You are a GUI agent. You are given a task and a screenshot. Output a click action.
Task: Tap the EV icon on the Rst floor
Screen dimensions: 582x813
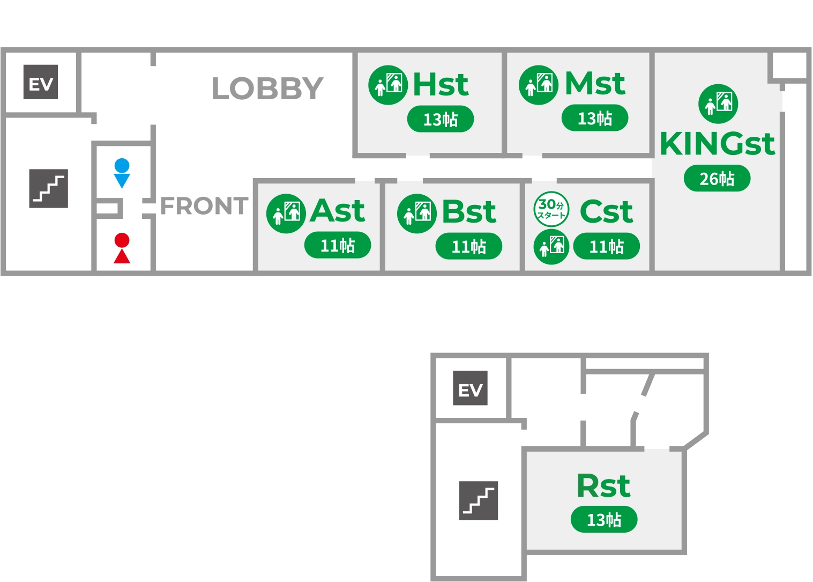click(470, 388)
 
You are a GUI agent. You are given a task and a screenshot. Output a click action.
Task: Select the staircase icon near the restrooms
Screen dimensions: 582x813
click(49, 188)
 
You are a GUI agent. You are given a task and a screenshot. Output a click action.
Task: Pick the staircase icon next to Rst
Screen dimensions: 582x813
click(479, 500)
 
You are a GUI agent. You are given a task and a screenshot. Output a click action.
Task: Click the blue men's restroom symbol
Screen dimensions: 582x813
click(122, 173)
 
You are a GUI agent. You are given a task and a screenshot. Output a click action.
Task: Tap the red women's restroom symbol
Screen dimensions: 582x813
click(122, 248)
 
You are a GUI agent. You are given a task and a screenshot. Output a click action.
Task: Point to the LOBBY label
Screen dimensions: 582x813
click(267, 89)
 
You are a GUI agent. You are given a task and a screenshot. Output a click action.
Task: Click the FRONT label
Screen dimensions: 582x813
click(204, 206)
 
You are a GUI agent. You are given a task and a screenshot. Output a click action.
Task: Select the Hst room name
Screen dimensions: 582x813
click(441, 85)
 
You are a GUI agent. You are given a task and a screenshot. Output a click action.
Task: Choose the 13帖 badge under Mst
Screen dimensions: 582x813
click(594, 118)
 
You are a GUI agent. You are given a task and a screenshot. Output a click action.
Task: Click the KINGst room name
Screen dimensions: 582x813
click(717, 144)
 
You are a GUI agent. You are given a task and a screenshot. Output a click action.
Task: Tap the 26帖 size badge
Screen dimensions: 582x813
click(717, 179)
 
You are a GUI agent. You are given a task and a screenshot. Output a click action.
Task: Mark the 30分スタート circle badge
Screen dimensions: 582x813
click(551, 209)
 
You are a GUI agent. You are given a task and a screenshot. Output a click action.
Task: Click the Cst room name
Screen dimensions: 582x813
click(606, 211)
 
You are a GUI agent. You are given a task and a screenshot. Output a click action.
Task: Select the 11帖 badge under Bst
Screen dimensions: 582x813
click(468, 246)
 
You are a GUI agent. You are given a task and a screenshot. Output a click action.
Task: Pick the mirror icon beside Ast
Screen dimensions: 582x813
click(286, 213)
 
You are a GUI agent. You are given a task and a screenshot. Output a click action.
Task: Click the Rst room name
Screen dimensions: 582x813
click(603, 486)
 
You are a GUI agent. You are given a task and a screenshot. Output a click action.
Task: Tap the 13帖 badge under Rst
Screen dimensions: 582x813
click(603, 519)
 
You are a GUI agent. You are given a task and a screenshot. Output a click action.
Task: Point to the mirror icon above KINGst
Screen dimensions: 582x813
click(718, 104)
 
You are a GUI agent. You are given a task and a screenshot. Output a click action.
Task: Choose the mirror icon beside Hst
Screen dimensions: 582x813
click(388, 85)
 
